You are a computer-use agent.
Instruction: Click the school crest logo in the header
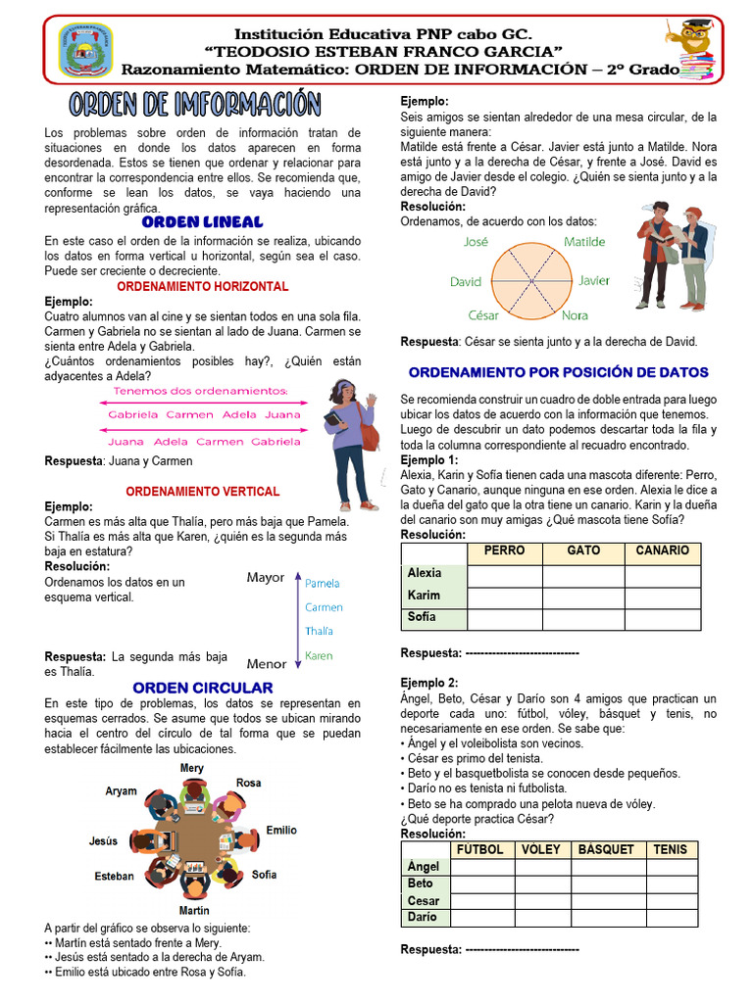pyautogui.click(x=86, y=51)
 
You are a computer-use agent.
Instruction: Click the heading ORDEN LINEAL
pyautogui.click(x=202, y=222)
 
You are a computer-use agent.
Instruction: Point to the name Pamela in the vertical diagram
pyautogui.click(x=323, y=583)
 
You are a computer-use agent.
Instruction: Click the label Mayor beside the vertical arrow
pyautogui.click(x=265, y=578)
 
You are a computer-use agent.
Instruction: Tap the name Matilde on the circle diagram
pyautogui.click(x=584, y=241)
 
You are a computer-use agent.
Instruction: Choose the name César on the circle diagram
pyautogui.click(x=482, y=315)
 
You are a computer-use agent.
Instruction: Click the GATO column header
pyautogui.click(x=584, y=550)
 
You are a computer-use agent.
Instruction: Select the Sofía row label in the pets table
pyautogui.click(x=422, y=617)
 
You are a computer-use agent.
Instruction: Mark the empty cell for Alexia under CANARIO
pyautogui.click(x=662, y=574)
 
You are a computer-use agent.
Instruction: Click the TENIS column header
pyautogui.click(x=671, y=849)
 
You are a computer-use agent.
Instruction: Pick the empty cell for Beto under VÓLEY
pyautogui.click(x=541, y=884)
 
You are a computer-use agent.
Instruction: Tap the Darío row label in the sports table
pyautogui.click(x=423, y=918)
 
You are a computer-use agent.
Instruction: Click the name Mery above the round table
pyautogui.click(x=192, y=769)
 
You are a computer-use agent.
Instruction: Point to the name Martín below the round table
pyautogui.click(x=193, y=911)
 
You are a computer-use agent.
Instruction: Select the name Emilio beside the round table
pyautogui.click(x=281, y=831)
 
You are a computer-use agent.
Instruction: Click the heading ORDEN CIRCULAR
pyautogui.click(x=202, y=688)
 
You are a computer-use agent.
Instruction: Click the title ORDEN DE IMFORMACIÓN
pyautogui.click(x=195, y=104)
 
